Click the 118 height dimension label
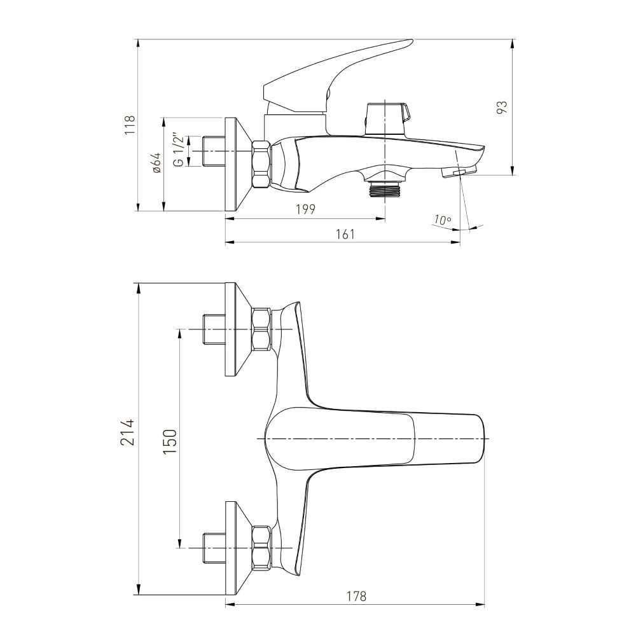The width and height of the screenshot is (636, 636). tap(130, 125)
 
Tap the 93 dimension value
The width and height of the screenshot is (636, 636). tap(502, 107)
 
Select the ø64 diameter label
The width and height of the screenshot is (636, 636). tap(156, 163)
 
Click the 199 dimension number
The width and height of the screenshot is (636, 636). tap(305, 209)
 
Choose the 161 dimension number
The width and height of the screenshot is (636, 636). tap(345, 234)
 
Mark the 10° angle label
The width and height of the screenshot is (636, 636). tap(442, 220)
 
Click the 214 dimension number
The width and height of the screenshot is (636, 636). tap(127, 432)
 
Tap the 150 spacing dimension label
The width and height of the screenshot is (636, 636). tap(170, 442)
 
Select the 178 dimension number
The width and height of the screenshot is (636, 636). tap(357, 597)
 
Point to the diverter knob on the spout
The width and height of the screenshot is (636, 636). tap(387, 119)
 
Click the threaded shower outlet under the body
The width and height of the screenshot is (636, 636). tap(385, 189)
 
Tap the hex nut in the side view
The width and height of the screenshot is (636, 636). tap(261, 163)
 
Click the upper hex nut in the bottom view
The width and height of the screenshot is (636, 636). tap(261, 329)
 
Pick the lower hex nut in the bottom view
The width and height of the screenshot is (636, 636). tap(261, 548)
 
